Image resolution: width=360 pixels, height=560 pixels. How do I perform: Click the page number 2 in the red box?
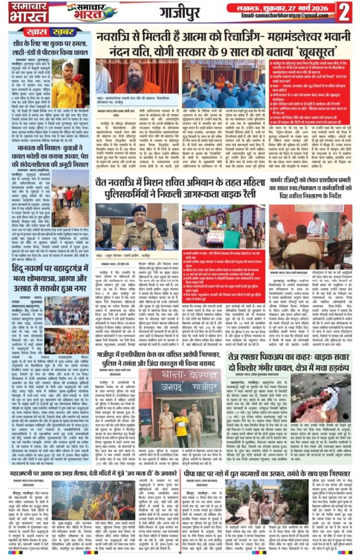344,10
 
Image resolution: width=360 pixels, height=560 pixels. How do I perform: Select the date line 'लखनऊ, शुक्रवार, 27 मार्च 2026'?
282,6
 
